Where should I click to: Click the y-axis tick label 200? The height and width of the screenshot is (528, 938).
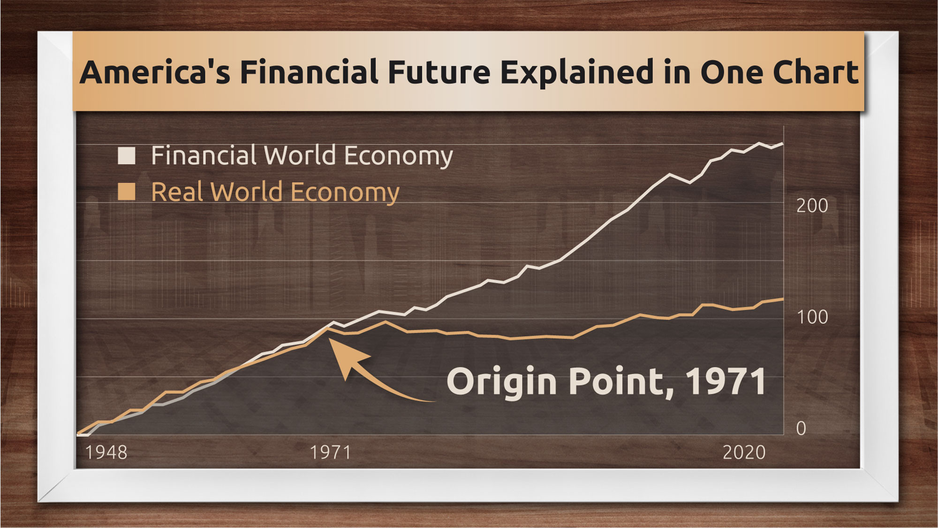point(812,206)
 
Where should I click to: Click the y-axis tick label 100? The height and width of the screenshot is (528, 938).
point(812,317)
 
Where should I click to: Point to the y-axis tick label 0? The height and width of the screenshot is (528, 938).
point(801,428)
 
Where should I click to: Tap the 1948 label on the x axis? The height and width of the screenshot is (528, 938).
point(106,452)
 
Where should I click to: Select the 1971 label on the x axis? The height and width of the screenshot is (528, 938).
point(331,452)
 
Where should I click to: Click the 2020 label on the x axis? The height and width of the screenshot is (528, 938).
point(744,452)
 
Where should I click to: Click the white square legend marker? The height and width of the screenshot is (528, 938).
point(127,155)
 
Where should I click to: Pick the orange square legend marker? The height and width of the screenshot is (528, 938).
point(127,191)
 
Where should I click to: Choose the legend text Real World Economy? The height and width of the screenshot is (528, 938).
point(275,192)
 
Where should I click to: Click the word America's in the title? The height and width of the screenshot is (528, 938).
point(155,72)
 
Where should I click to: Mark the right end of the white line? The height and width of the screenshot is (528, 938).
point(783,144)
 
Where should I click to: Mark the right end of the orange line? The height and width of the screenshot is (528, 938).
point(783,299)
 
